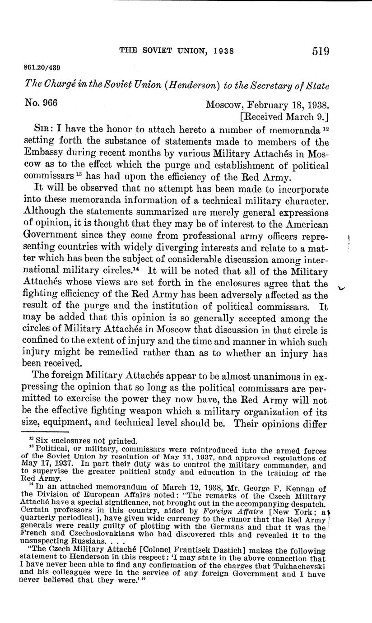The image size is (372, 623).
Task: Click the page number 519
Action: pos(320,51)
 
